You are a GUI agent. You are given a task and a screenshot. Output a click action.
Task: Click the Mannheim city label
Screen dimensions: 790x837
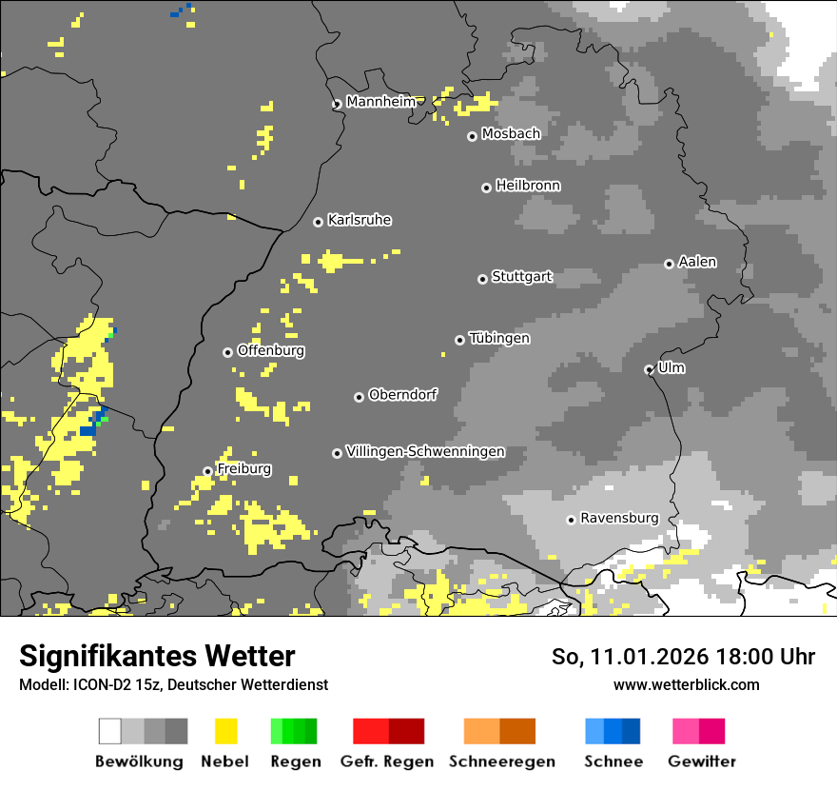(380, 102)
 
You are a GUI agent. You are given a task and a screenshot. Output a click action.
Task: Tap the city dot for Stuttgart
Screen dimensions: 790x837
(482, 279)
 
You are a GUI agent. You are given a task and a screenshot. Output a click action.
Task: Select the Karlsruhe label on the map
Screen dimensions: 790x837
(359, 220)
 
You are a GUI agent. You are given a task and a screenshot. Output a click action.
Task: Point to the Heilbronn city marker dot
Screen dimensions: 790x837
(486, 188)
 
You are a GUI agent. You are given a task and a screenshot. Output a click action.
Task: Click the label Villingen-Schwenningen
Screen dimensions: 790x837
(425, 451)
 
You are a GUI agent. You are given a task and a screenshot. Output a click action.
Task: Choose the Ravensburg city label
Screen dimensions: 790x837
(619, 518)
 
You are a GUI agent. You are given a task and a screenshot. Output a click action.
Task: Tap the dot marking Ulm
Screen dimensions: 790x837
(649, 369)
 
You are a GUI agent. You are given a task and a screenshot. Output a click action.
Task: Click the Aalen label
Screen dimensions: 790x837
(697, 262)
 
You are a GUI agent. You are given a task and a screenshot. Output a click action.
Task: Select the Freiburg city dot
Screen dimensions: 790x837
(207, 471)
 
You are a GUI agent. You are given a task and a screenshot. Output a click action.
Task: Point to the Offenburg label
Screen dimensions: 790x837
(270, 350)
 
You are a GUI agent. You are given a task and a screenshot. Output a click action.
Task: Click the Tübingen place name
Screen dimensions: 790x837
(499, 338)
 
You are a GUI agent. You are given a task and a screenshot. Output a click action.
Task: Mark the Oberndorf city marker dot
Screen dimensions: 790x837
(359, 397)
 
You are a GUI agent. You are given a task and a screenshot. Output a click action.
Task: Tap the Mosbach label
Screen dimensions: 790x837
(511, 134)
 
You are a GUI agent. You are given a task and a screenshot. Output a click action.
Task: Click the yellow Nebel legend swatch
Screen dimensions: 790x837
(225, 731)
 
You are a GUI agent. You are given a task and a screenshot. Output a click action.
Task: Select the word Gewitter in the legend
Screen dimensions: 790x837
(701, 761)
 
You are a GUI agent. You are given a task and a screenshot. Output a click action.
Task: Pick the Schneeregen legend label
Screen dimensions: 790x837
(501, 761)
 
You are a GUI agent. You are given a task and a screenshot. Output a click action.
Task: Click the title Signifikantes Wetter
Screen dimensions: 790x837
(157, 656)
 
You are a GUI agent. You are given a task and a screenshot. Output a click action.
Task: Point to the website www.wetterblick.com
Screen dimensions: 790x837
(686, 684)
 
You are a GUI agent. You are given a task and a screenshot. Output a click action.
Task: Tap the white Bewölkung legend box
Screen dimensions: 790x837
(110, 731)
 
